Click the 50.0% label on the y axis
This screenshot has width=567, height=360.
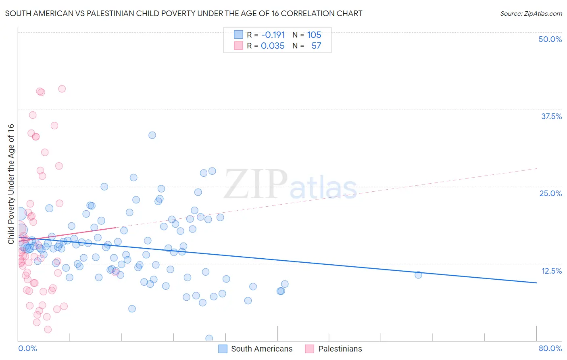click(x=550, y=39)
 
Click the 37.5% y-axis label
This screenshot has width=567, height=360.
click(x=551, y=116)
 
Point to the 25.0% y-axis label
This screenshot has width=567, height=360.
click(x=550, y=193)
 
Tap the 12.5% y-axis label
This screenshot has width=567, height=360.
click(x=551, y=271)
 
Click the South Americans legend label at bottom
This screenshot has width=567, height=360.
click(x=262, y=349)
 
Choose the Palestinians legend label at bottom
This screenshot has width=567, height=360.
click(x=340, y=349)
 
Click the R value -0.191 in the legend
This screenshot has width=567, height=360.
click(x=273, y=35)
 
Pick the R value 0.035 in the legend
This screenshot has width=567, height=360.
click(x=273, y=46)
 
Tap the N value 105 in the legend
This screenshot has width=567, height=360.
click(x=314, y=35)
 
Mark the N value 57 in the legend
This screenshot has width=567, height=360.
click(x=316, y=46)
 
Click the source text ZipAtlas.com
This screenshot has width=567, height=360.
click(x=531, y=14)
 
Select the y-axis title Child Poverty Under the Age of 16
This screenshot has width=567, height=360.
click(x=11, y=184)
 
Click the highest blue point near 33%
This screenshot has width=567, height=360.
click(x=152, y=135)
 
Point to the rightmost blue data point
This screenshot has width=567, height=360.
click(x=418, y=275)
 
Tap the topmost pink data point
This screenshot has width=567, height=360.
click(x=62, y=89)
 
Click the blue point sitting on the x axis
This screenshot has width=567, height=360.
click(x=209, y=338)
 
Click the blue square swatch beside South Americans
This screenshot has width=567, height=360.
click(x=223, y=349)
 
